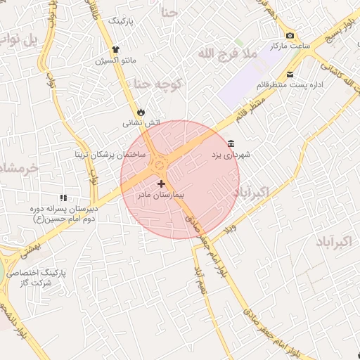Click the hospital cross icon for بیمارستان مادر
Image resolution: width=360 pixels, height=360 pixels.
[162, 183]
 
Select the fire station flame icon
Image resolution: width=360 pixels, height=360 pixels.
[141, 112]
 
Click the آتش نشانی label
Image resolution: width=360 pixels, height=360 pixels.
[141, 123]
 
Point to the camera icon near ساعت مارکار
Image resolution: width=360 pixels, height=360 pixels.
[290, 36]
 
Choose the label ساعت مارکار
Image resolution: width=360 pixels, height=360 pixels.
[290, 46]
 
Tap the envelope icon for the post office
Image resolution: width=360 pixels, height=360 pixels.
[290, 75]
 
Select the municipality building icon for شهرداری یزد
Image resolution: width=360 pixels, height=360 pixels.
[231, 143]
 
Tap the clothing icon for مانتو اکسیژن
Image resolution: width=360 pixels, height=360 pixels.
[116, 50]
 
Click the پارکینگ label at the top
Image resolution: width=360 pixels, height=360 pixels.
[120, 21]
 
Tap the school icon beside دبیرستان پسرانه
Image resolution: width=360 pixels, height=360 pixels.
[63, 198]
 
